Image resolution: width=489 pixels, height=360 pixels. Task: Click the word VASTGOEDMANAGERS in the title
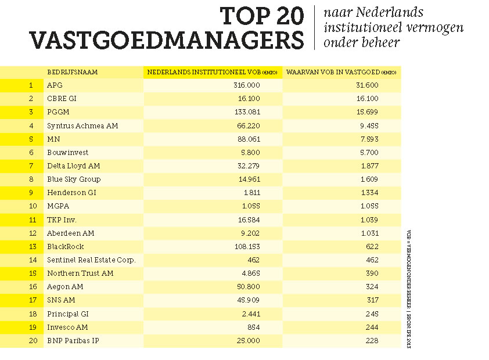click(x=167, y=40)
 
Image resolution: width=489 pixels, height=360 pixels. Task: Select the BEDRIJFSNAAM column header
click(x=72, y=72)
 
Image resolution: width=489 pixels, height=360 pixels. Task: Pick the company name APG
click(x=55, y=85)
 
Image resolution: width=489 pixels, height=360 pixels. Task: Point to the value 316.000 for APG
click(x=246, y=85)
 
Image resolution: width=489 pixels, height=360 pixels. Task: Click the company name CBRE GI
click(x=62, y=99)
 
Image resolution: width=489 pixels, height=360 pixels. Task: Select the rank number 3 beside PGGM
click(x=31, y=112)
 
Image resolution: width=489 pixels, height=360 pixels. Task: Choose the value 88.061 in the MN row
click(x=248, y=139)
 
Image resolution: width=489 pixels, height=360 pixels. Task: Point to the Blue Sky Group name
click(x=74, y=179)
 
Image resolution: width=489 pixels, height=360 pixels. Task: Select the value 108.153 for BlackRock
click(x=246, y=247)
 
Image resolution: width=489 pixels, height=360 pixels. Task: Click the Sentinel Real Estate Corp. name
click(x=91, y=260)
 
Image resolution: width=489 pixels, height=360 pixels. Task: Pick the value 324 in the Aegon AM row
click(x=372, y=287)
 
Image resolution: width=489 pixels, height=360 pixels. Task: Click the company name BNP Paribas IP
click(x=73, y=341)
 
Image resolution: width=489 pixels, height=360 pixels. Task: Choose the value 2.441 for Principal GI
click(x=249, y=314)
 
